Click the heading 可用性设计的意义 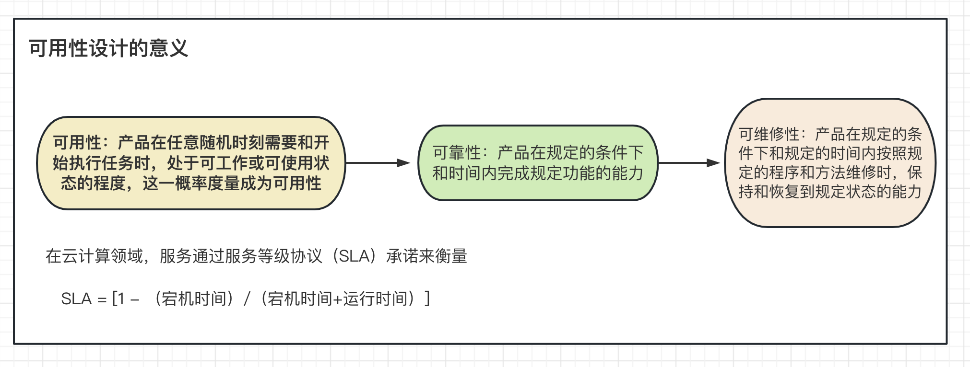tap(108, 48)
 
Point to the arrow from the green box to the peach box tap(689, 163)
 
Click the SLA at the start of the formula tap(76, 299)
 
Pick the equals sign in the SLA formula tap(102, 300)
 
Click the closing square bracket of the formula tap(427, 299)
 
